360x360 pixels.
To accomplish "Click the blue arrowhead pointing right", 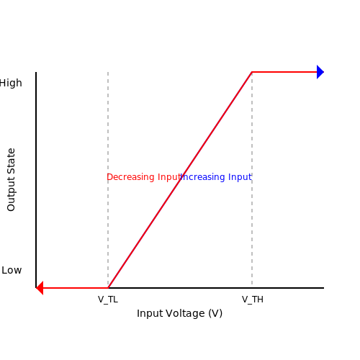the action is pos(320,72).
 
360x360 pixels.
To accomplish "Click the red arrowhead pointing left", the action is pos(40,288).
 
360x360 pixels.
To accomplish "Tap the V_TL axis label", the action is pos(108,300).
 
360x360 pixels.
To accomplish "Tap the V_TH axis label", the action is pos(253,300).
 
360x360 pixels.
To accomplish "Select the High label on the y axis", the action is pos(11,83).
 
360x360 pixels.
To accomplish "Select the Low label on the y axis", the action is pos(12,270).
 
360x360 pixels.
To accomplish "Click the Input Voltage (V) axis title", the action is pos(179,313).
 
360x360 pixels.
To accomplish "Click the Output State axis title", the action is pos(11,180).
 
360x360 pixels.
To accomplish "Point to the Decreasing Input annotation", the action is pos(144,177).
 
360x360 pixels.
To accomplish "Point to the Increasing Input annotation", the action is pos(216,177).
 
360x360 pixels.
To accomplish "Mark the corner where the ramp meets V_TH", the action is pos(252,72).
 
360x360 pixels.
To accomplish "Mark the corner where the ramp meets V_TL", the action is pos(108,288).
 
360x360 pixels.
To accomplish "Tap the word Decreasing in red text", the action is pos(130,177).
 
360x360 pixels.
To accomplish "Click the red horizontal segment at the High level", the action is pos(284,72).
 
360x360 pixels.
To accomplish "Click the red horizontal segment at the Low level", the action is pos(76,288).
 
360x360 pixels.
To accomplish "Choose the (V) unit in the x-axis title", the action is pos(215,313).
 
